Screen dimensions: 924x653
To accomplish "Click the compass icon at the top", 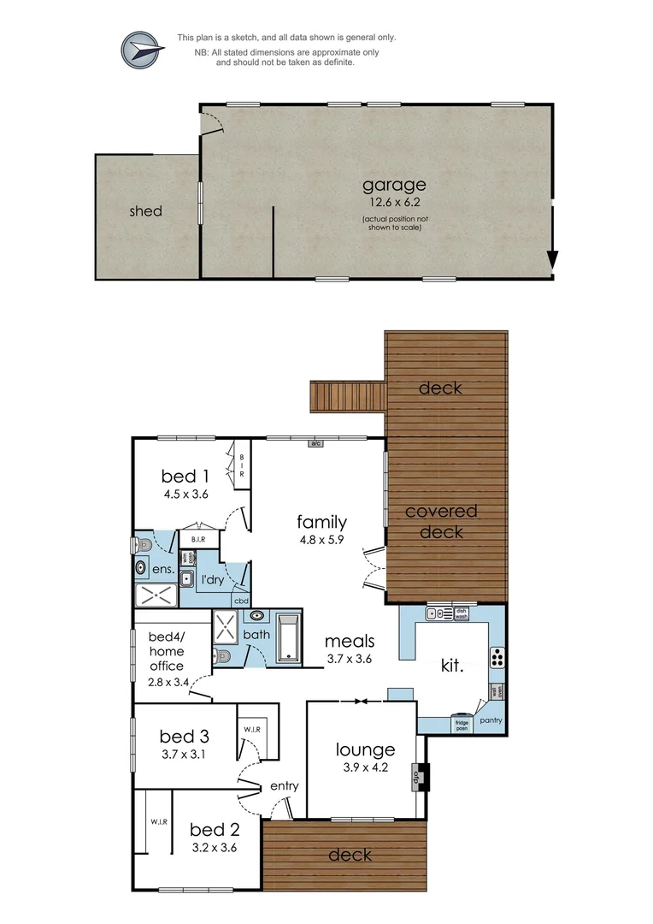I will coord(143,50).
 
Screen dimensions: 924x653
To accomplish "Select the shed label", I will coord(145,210).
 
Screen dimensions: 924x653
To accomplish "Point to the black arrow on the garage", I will coord(553,259).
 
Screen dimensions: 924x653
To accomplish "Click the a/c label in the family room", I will coord(315,443).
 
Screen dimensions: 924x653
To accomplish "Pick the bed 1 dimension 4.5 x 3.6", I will coord(185,494).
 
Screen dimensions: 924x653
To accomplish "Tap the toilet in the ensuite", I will coord(143,544).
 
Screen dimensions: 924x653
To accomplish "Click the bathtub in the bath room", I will coord(288,637).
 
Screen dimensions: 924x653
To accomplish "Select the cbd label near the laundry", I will coord(241,600).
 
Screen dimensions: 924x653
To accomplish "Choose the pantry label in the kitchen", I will coord(491,720).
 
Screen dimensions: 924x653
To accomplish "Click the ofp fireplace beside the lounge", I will coord(419,777).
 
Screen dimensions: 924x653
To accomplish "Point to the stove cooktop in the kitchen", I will coord(496,658).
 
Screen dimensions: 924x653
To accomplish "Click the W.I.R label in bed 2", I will coord(158,821).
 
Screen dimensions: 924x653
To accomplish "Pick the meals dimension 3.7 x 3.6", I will coord(350,659).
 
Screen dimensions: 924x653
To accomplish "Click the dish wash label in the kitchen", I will coord(461,613).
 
